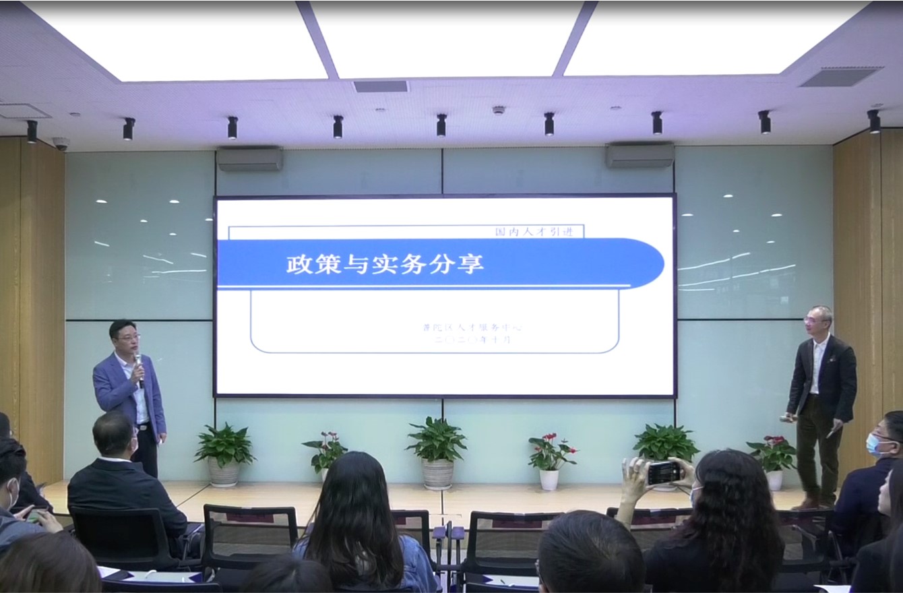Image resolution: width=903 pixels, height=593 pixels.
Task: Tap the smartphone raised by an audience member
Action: [x=664, y=472]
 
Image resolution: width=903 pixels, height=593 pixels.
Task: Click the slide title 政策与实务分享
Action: [x=385, y=263]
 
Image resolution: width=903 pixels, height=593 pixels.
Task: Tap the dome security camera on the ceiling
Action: [x=61, y=143]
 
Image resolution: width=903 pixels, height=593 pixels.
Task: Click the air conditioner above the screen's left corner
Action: [x=249, y=159]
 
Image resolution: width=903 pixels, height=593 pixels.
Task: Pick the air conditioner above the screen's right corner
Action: [x=640, y=155]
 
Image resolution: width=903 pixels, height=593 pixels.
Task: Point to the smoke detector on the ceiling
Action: [x=498, y=109]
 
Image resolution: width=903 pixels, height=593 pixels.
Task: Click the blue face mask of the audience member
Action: [x=873, y=445]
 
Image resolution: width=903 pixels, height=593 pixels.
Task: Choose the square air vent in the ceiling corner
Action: [x=840, y=76]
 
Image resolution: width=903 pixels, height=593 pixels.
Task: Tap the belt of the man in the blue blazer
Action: [x=143, y=424]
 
